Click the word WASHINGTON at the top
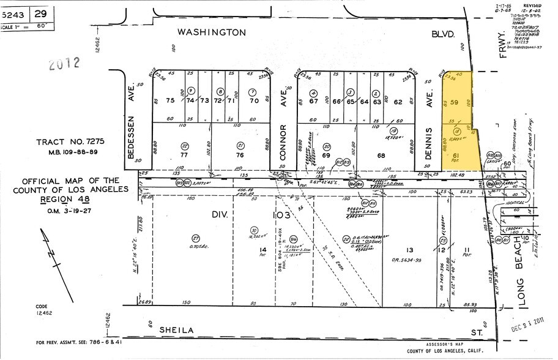tap(211, 32)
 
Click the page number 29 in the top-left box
tap(40, 13)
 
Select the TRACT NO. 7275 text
tap(71, 141)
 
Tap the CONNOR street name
tap(283, 141)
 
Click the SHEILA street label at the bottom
tap(177, 330)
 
